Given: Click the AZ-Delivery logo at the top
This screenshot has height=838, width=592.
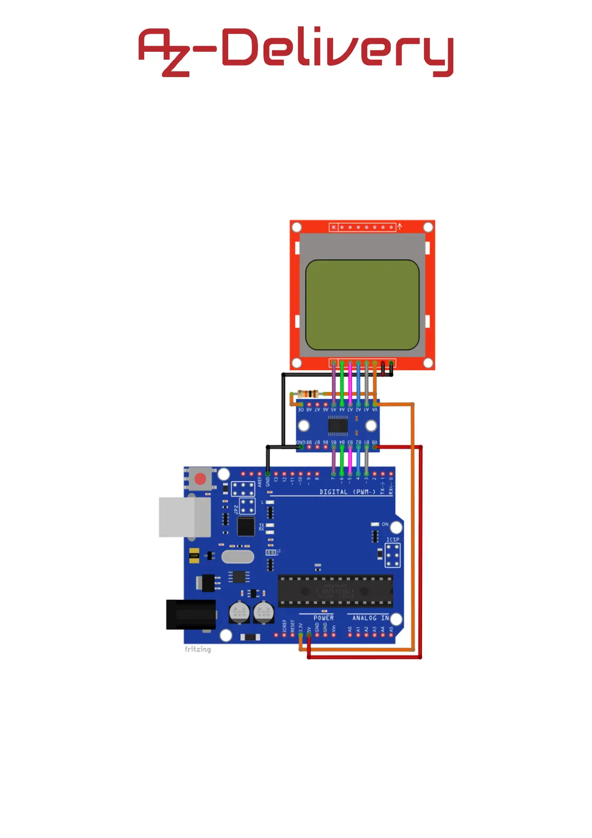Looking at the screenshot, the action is pos(296,51).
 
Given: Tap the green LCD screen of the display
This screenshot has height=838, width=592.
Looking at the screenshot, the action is pos(362,305).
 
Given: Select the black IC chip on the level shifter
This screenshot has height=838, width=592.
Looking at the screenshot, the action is pos(338,426).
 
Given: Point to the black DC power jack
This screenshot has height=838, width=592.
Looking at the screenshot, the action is pos(190,615).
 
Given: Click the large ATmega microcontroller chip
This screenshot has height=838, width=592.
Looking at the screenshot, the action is pos(335,591).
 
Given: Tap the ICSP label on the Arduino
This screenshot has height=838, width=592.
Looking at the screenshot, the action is pos(393,539).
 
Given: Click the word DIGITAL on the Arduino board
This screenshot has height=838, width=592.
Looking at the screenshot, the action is pos(334,492).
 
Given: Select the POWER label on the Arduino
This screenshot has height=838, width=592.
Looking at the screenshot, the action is pos(324,618).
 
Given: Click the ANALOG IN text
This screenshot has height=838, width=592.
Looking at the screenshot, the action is pos(371,618).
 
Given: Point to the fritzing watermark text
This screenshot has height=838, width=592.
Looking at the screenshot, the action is pos(197,649).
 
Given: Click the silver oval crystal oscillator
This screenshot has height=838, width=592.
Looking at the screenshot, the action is pos(238,556).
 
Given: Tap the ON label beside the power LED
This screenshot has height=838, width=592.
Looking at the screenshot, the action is pos(385,524).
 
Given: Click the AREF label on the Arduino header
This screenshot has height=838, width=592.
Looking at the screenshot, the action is pos(259,481).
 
